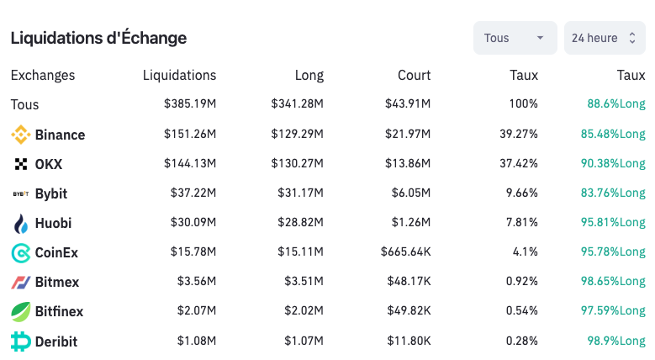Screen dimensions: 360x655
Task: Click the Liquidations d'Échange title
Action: click(x=98, y=38)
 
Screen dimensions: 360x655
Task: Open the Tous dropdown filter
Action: click(x=515, y=38)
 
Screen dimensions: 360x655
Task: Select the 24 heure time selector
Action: click(x=604, y=38)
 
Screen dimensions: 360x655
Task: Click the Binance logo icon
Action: click(x=21, y=135)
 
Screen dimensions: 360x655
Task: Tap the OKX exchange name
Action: click(x=49, y=164)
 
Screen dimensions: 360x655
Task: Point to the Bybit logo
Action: click(x=21, y=193)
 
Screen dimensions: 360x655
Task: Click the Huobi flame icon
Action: click(x=21, y=223)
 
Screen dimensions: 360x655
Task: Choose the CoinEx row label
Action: click(x=56, y=252)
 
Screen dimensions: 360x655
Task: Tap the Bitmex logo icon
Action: click(x=21, y=282)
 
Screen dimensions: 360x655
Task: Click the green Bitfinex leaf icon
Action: click(x=21, y=311)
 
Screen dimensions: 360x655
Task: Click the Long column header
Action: click(x=309, y=75)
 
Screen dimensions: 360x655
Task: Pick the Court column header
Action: click(x=414, y=75)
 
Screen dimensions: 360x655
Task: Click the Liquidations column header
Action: click(x=179, y=75)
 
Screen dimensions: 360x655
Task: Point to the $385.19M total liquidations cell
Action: click(x=190, y=104)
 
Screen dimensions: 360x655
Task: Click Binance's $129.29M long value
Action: click(x=297, y=135)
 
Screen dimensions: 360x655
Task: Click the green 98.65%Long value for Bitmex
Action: click(x=613, y=282)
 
